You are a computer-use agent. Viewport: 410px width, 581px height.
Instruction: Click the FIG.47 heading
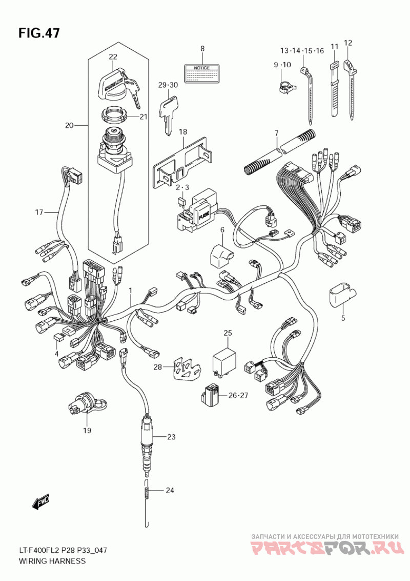coord(38,33)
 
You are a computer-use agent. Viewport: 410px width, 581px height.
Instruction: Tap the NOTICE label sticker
coord(202,74)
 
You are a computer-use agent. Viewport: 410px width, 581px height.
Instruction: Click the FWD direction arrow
coord(40,501)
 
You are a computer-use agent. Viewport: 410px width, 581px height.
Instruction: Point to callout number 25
coord(228,333)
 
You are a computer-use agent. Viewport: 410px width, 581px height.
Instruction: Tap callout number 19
coord(87,431)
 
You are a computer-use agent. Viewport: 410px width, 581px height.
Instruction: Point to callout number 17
coord(39,212)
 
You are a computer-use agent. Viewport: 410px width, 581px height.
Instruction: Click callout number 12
coord(348,43)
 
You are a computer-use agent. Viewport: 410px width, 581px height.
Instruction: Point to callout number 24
coord(170,491)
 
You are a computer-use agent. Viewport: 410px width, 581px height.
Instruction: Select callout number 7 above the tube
coord(276,132)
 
